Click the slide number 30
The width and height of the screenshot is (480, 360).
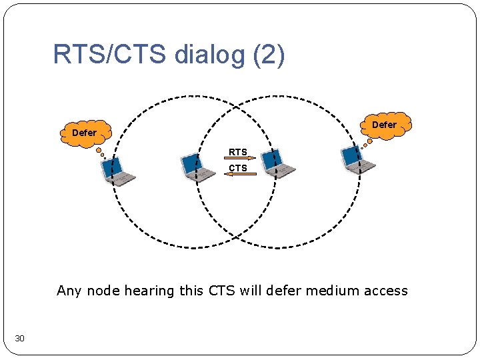tap(19, 339)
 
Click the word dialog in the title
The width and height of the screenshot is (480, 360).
tap(209, 55)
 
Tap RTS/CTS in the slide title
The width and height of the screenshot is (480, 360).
tap(109, 55)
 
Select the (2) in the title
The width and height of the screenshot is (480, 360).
tap(269, 55)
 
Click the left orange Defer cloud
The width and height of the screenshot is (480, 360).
tap(84, 133)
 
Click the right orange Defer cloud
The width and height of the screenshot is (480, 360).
tap(383, 125)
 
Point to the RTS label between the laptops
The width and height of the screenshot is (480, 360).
tap(238, 152)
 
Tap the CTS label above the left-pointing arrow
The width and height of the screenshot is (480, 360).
tap(238, 168)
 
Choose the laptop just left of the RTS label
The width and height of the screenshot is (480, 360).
tap(198, 167)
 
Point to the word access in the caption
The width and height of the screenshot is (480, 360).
tap(385, 291)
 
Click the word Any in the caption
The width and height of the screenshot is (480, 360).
tap(69, 291)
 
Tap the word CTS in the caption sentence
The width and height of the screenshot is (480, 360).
tap(222, 291)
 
